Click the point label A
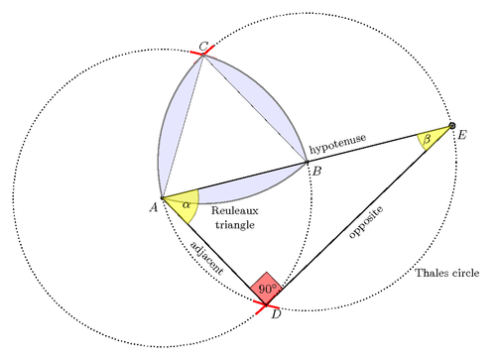pyautogui.click(x=154, y=206)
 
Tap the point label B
pyautogui.click(x=315, y=172)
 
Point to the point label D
pyautogui.click(x=276, y=314)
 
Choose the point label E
pyautogui.click(x=461, y=136)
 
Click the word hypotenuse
pyautogui.click(x=340, y=146)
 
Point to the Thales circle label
pyautogui.click(x=447, y=273)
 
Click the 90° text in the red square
pyautogui.click(x=266, y=289)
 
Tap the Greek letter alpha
pyautogui.click(x=186, y=204)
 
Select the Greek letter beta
pyautogui.click(x=427, y=140)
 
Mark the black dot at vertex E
pyautogui.click(x=452, y=126)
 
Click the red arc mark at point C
pyautogui.click(x=201, y=54)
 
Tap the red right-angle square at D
pyautogui.click(x=266, y=289)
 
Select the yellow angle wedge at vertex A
pyautogui.click(x=183, y=205)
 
